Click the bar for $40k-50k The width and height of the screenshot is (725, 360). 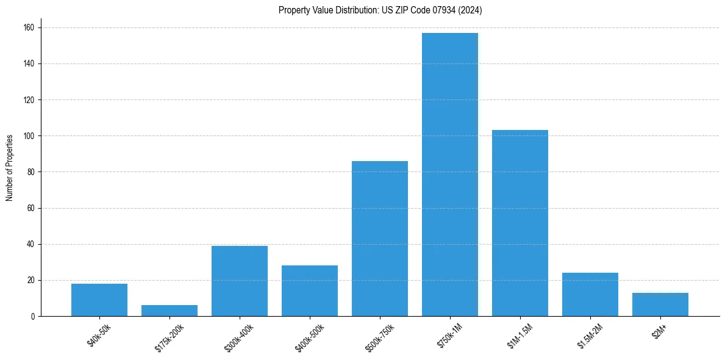[x=99, y=300]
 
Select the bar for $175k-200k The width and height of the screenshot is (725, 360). [x=170, y=311]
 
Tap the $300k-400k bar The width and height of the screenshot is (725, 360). [x=240, y=281]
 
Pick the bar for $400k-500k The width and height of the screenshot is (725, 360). [x=310, y=290]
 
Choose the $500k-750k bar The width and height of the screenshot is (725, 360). [x=380, y=239]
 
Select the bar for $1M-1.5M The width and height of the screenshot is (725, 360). [x=520, y=223]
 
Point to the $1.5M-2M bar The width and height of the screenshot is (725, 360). [x=590, y=294]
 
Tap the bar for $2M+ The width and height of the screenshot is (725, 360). [x=660, y=304]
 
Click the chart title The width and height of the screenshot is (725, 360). [x=380, y=10]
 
